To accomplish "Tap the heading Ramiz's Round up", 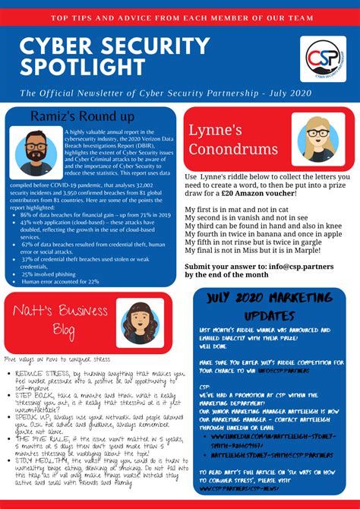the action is click(x=84, y=116).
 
